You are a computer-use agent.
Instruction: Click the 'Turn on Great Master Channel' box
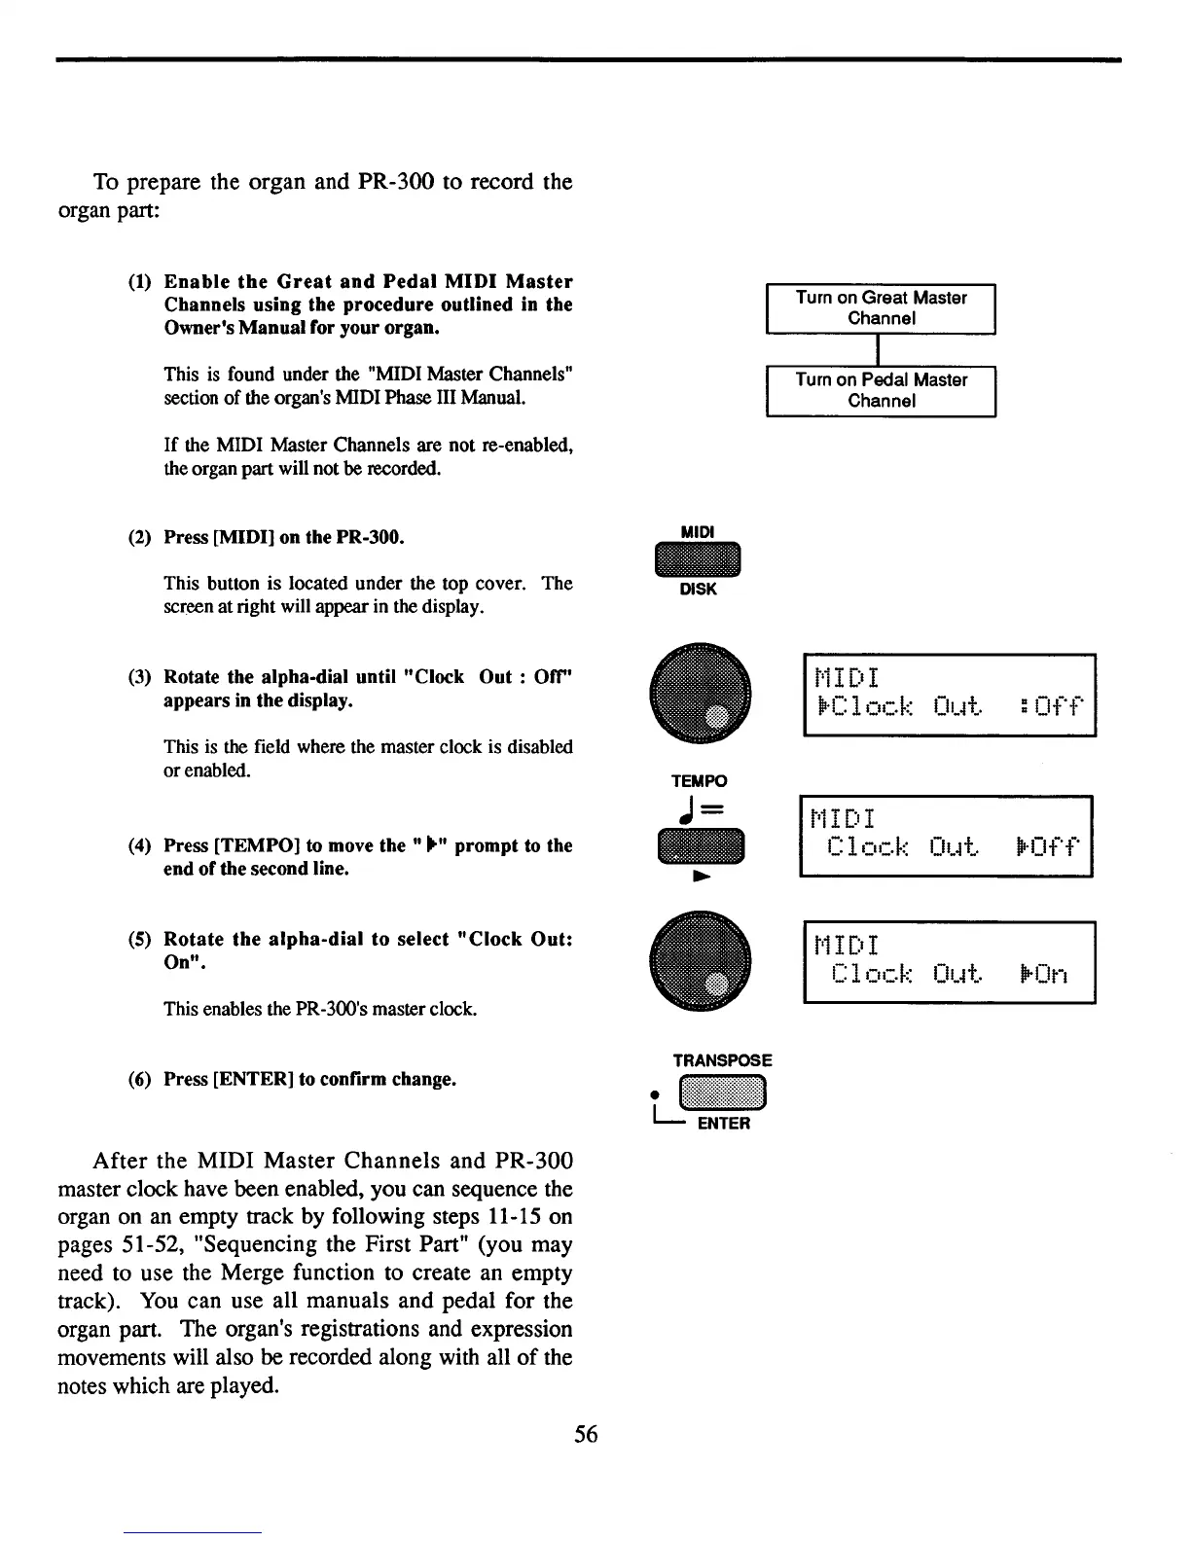(881, 308)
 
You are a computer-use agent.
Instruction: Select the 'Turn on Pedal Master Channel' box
(881, 390)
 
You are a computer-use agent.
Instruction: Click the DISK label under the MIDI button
(698, 590)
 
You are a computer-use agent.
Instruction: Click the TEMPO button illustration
(700, 845)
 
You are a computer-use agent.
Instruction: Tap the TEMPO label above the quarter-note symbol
(699, 781)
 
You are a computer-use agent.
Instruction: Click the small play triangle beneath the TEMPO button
(698, 877)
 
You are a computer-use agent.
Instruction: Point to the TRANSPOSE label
(722, 1060)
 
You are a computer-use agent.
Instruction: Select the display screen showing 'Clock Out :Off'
(949, 695)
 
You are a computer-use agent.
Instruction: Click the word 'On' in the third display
(1050, 975)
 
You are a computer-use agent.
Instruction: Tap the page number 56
(586, 1433)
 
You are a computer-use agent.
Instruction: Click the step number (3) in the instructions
(140, 677)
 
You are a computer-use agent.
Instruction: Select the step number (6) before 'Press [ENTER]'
(140, 1080)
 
